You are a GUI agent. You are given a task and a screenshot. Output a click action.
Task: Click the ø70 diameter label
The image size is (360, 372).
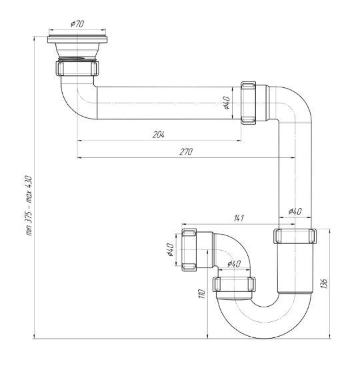77,24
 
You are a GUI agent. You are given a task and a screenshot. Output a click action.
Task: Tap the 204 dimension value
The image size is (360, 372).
158,135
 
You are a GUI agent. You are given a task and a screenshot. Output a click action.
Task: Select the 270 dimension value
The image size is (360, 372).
186,151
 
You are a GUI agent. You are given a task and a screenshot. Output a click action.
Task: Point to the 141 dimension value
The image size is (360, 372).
239,218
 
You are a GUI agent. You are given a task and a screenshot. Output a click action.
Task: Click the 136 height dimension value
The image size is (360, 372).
324,283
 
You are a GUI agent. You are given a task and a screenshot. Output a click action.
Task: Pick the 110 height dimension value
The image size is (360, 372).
201,294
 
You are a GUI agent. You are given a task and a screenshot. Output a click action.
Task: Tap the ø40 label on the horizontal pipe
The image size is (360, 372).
227,103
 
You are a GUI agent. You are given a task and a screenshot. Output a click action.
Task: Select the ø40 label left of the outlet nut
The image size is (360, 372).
171,249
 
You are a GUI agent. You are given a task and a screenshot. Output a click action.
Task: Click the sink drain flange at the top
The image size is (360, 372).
77,39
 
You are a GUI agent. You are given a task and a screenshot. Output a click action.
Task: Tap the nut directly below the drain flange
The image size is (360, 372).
77,68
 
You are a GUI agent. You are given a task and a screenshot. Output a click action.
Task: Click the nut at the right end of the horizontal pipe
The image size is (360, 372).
248,103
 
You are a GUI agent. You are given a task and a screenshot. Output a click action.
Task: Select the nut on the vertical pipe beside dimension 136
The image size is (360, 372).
295,236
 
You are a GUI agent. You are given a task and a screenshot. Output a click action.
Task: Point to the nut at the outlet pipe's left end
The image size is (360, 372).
189,250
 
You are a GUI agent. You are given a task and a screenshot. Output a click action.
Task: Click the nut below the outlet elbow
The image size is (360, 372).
235,284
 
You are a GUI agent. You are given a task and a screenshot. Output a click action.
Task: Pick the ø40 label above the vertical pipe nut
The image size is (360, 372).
295,211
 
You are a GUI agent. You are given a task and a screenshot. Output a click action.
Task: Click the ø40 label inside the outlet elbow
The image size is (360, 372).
234,263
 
